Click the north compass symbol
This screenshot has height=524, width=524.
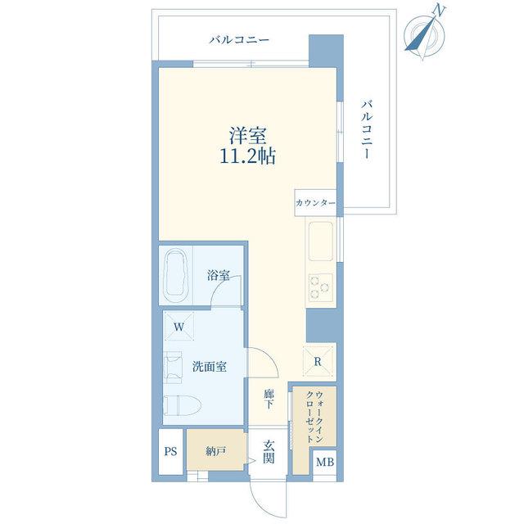pyautogui.click(x=425, y=34)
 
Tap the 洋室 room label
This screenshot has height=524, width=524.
pyautogui.click(x=247, y=136)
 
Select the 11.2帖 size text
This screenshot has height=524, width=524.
pyautogui.click(x=247, y=156)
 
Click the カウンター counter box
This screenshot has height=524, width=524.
pyautogui.click(x=315, y=203)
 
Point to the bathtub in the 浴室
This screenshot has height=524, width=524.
pyautogui.click(x=175, y=275)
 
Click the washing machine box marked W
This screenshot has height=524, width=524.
pyautogui.click(x=178, y=327)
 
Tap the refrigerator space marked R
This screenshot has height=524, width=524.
pyautogui.click(x=318, y=362)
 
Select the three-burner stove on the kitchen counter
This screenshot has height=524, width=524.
pyautogui.click(x=320, y=287)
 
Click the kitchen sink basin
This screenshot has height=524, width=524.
pyautogui.click(x=320, y=241)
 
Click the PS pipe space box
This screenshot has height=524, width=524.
pyautogui.click(x=170, y=451)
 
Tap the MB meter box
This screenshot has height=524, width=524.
pyautogui.click(x=325, y=462)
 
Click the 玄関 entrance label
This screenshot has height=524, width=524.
pyautogui.click(x=269, y=452)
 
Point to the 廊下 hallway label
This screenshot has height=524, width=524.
pyautogui.click(x=269, y=399)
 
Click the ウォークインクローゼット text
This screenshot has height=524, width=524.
pyautogui.click(x=314, y=417)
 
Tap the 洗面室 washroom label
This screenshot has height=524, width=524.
pyautogui.click(x=210, y=367)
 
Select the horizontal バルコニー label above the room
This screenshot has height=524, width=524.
pyautogui.click(x=239, y=40)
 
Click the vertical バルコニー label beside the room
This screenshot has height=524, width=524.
pyautogui.click(x=367, y=129)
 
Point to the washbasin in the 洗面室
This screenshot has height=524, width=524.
pyautogui.click(x=173, y=367)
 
